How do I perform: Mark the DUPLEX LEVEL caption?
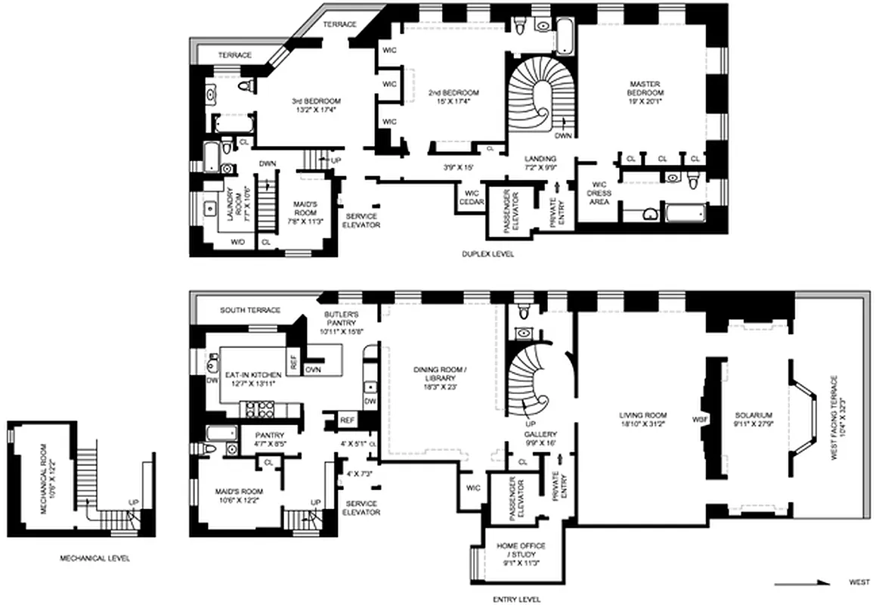[x=488, y=255]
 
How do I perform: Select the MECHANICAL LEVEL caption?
[x=94, y=559]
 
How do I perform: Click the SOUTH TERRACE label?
[x=251, y=311]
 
